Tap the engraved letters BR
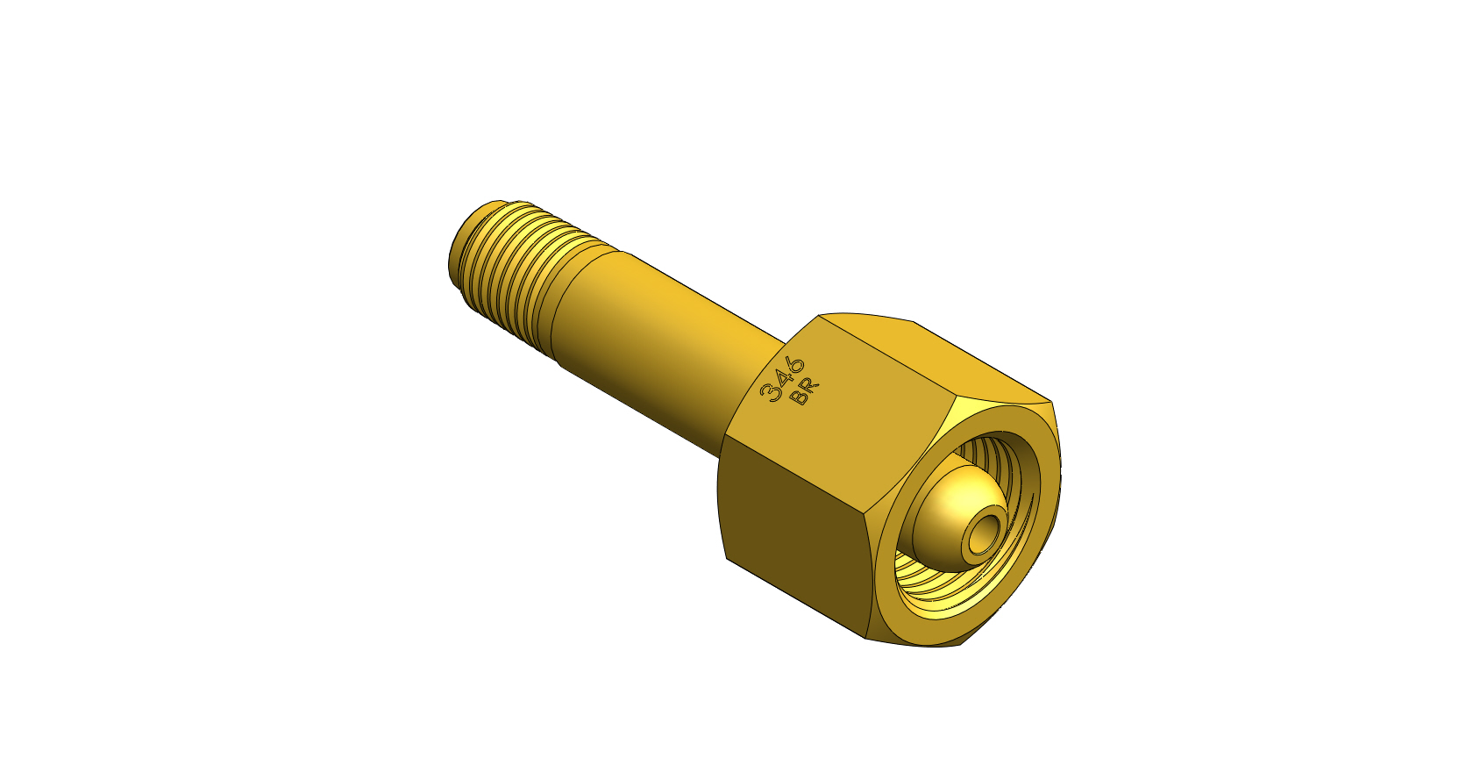(807, 391)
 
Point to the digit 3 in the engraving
(769, 393)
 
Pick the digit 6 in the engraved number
(795, 366)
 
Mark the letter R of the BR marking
(812, 386)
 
